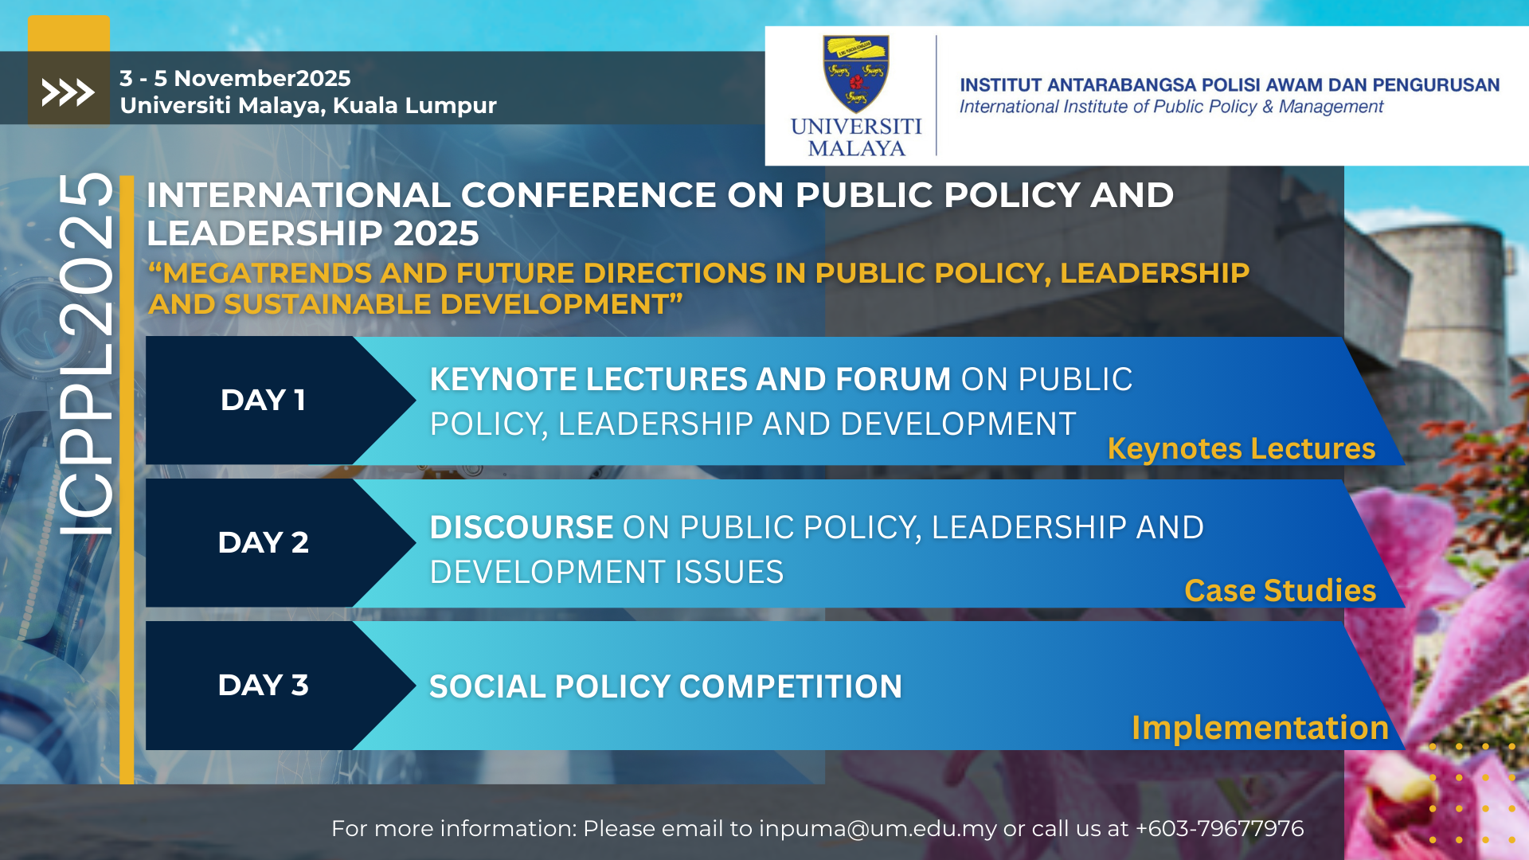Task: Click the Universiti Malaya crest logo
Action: point(856,74)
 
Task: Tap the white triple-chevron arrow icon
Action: point(68,92)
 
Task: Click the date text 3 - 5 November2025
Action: point(235,78)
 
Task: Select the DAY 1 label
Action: point(263,400)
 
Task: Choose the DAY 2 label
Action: point(263,542)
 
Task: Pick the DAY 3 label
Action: point(263,685)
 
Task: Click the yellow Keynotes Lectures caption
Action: point(1242,449)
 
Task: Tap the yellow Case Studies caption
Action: point(1280,591)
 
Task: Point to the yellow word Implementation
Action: point(1261,728)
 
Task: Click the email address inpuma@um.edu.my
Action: point(878,829)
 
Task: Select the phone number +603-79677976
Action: point(1219,828)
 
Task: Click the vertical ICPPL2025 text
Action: point(86,354)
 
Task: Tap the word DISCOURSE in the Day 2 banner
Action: point(522,527)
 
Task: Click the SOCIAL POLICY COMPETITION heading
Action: point(666,686)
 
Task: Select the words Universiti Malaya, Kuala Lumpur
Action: point(308,105)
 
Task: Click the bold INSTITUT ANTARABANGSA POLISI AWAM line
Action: point(1230,84)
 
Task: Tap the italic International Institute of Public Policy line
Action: point(1171,107)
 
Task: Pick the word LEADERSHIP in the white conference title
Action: point(265,233)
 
